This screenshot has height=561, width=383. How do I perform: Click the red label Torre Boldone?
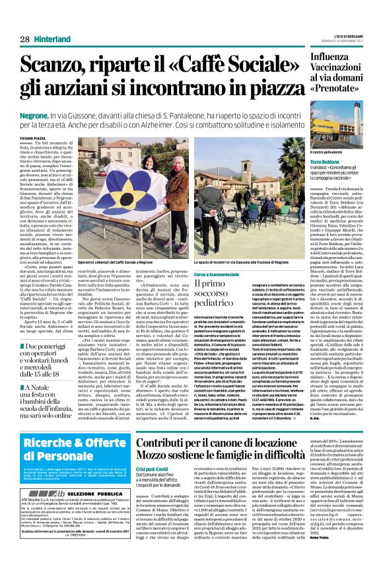point(328,161)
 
